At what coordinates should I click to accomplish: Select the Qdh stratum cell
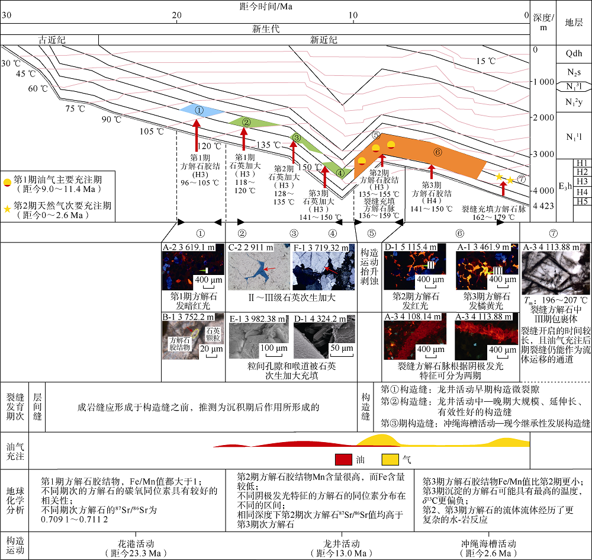574,53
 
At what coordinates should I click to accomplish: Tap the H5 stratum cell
583,201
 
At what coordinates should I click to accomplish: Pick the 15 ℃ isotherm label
485,60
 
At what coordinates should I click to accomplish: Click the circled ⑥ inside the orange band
438,152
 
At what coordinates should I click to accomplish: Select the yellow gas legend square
390,459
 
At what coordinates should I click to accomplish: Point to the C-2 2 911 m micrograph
256,271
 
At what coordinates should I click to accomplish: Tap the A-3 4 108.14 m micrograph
417,340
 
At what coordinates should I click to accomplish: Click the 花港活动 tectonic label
137,543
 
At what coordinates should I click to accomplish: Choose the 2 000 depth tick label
542,118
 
